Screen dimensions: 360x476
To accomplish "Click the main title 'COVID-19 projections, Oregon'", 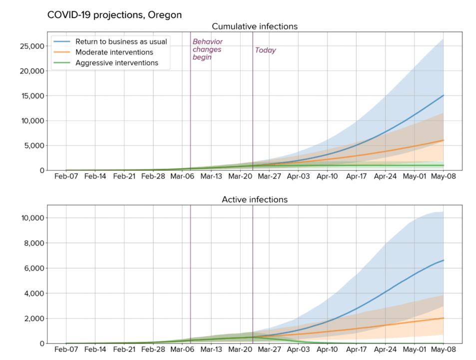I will pyautogui.click(x=114, y=15).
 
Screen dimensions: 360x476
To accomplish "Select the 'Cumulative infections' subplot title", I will pyautogui.click(x=254, y=26).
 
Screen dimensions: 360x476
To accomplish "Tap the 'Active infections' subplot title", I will pyautogui.click(x=254, y=199).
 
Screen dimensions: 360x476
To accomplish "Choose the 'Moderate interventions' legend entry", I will pyautogui.click(x=114, y=52).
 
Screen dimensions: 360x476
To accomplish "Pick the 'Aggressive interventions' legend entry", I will pyautogui.click(x=116, y=63).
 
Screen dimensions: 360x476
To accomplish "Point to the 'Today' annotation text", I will pyautogui.click(x=265, y=50).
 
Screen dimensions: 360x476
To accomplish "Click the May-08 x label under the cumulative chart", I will pyautogui.click(x=443, y=176).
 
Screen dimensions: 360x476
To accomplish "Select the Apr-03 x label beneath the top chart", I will pyautogui.click(x=298, y=176).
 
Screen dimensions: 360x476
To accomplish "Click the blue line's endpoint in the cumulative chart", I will pyautogui.click(x=443, y=95).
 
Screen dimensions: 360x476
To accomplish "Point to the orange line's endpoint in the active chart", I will pyautogui.click(x=443, y=318).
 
